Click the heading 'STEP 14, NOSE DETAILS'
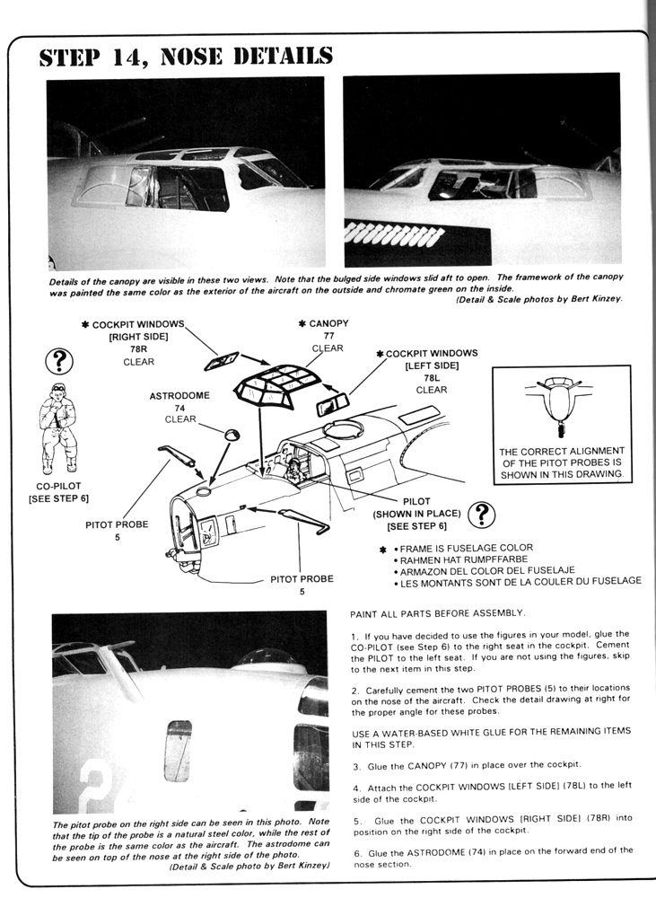186,56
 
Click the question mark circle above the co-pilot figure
58,361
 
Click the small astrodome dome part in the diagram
232,434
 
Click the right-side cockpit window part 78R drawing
219,361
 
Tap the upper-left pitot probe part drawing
178,453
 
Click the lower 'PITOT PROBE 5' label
302,585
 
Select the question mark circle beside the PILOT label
482,514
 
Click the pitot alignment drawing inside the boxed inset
561,403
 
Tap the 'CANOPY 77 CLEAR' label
328,335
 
